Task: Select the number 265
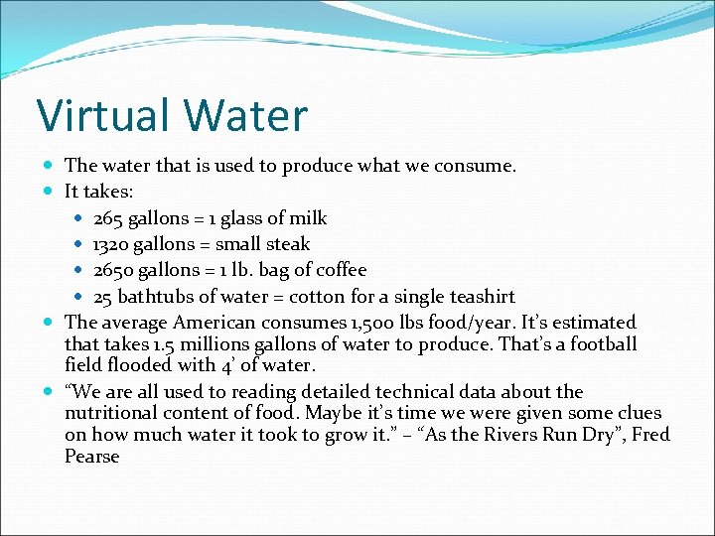[109, 218]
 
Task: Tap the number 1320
[112, 244]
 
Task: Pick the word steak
[286, 244]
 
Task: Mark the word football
[602, 344]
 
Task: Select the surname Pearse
[91, 457]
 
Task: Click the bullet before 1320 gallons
[79, 244]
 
